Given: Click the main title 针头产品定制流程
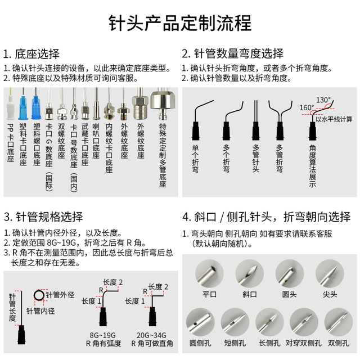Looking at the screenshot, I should pos(179,24).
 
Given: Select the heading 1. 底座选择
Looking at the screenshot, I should pos(31,55).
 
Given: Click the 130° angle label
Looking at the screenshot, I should pos(323,100).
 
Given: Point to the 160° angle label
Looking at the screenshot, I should pos(307,107).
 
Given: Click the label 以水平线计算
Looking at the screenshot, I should pos(334,119).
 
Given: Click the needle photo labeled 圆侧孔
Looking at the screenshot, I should pos(200,322).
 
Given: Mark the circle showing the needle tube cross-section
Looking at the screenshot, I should pos(40,295).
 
